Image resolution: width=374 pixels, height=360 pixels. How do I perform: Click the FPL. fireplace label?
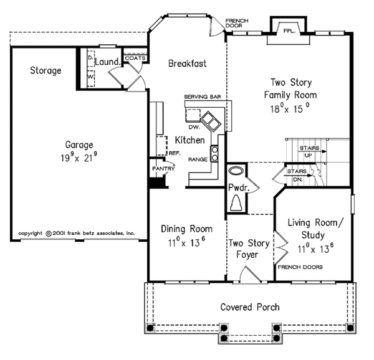pyautogui.click(x=289, y=31)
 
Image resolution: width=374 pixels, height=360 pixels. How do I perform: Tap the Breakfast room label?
pyautogui.click(x=187, y=64)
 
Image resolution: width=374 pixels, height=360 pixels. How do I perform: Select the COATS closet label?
pyautogui.click(x=135, y=58)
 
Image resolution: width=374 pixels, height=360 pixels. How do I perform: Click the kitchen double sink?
pyautogui.click(x=211, y=121)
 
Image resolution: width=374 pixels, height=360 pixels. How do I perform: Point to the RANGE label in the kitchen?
pyautogui.click(x=198, y=159)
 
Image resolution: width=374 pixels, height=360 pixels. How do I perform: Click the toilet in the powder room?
pyautogui.click(x=236, y=203)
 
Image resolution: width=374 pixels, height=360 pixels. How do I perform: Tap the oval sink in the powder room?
pyautogui.click(x=236, y=171)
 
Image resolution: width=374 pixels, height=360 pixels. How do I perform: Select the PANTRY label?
pyautogui.click(x=163, y=169)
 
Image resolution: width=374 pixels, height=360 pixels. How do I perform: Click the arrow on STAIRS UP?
pyautogui.click(x=312, y=151)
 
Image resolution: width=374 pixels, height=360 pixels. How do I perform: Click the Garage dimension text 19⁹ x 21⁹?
pyautogui.click(x=79, y=157)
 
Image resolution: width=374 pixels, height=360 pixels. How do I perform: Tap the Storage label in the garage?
pyautogui.click(x=46, y=70)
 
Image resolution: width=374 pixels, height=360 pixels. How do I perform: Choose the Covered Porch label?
pyautogui.click(x=250, y=307)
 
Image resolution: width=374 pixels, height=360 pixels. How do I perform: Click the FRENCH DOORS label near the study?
pyautogui.click(x=300, y=267)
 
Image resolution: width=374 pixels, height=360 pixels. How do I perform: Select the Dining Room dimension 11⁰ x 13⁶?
pyautogui.click(x=186, y=242)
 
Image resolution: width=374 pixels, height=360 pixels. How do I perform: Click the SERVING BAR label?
pyautogui.click(x=202, y=97)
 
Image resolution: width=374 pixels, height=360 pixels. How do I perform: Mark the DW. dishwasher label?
pyautogui.click(x=194, y=127)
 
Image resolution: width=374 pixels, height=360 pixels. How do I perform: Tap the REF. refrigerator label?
pyautogui.click(x=175, y=153)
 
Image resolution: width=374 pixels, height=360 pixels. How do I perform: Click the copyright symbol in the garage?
pyautogui.click(x=49, y=234)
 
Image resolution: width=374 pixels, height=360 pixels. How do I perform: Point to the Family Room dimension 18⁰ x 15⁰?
pyautogui.click(x=290, y=108)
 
